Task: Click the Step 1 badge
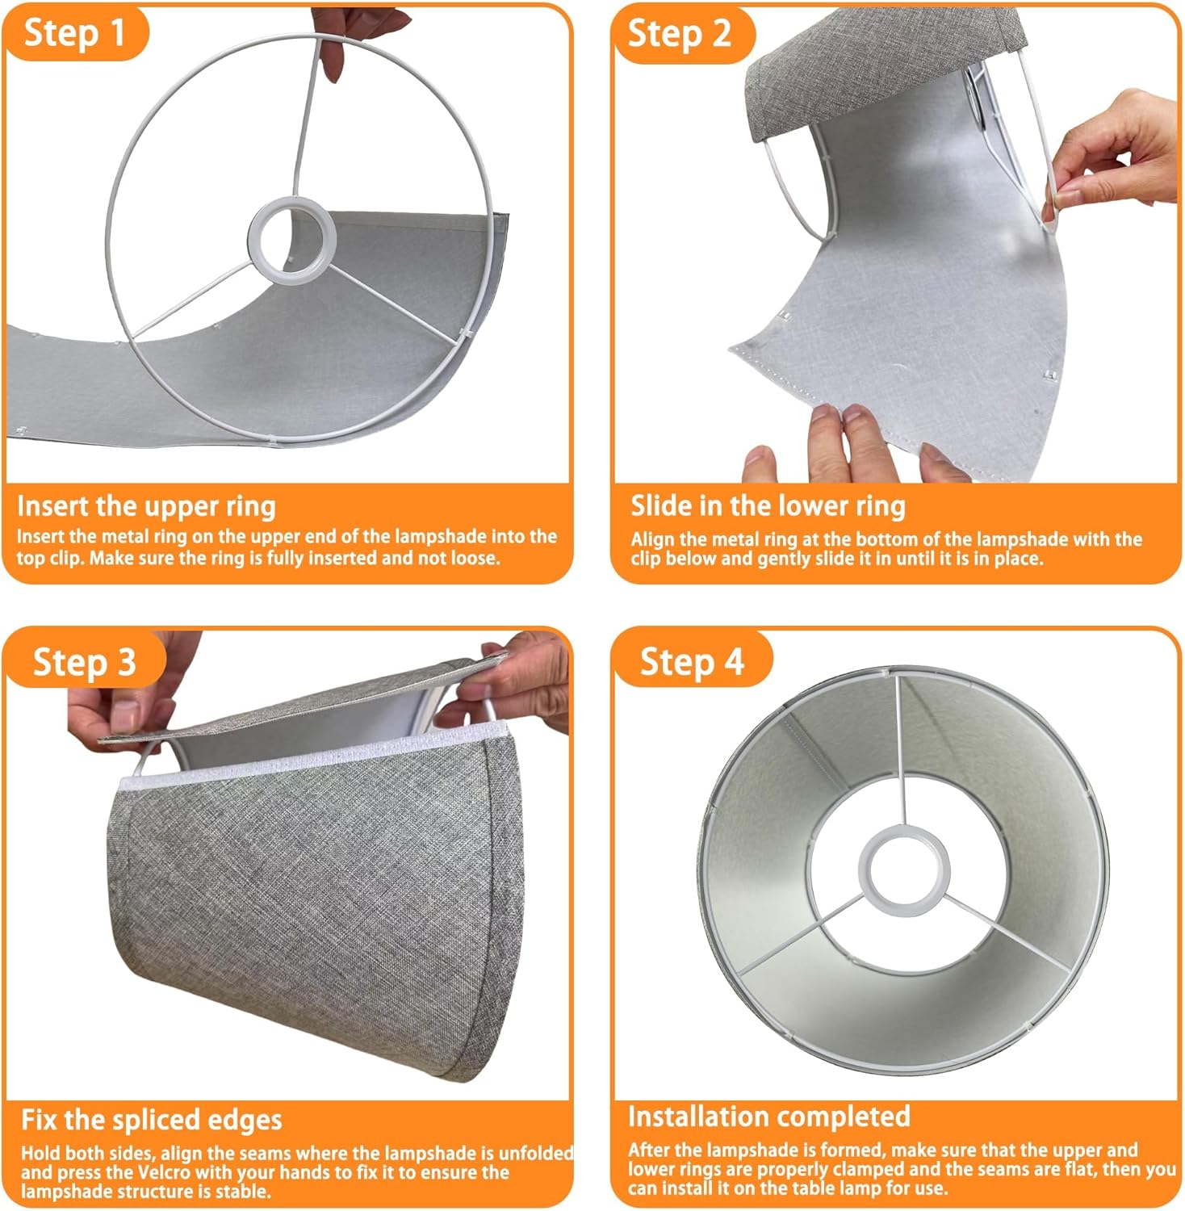[74, 33]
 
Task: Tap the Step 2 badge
[680, 34]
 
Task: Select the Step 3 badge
[84, 662]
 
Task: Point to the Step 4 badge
[691, 661]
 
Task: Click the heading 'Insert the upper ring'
[146, 506]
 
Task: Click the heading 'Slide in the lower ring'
[768, 506]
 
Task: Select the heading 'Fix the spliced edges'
[151, 1120]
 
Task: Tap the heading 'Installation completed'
[768, 1116]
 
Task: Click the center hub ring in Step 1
[291, 240]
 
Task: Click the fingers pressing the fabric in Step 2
[848, 440]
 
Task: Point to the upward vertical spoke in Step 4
[898, 751]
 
